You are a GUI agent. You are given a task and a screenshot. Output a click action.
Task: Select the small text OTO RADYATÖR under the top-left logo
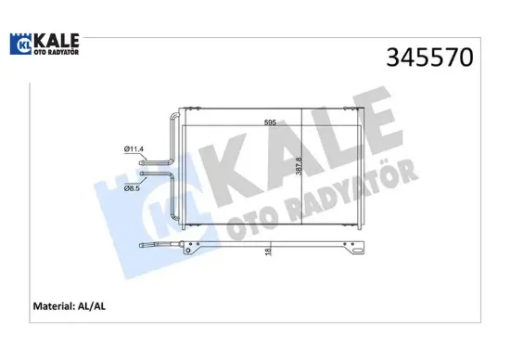56,52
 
